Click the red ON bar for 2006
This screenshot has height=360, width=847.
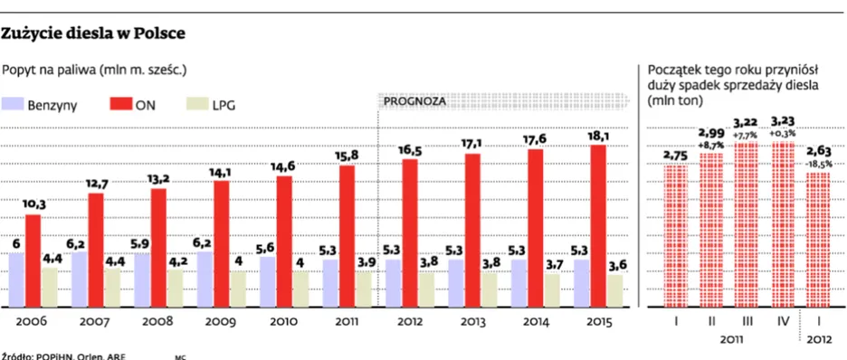pyautogui.click(x=33, y=260)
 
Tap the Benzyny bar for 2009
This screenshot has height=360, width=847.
pyautogui.click(x=205, y=278)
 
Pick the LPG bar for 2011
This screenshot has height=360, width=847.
pyautogui.click(x=363, y=288)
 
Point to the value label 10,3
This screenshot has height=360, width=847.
pyautogui.click(x=33, y=205)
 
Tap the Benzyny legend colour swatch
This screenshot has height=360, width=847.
pyautogui.click(x=13, y=104)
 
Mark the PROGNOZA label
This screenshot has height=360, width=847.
pyautogui.click(x=414, y=101)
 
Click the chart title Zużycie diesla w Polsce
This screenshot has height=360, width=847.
pyautogui.click(x=94, y=33)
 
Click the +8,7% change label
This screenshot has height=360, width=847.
pyautogui.click(x=711, y=146)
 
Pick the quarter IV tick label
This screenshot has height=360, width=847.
pyautogui.click(x=782, y=320)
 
